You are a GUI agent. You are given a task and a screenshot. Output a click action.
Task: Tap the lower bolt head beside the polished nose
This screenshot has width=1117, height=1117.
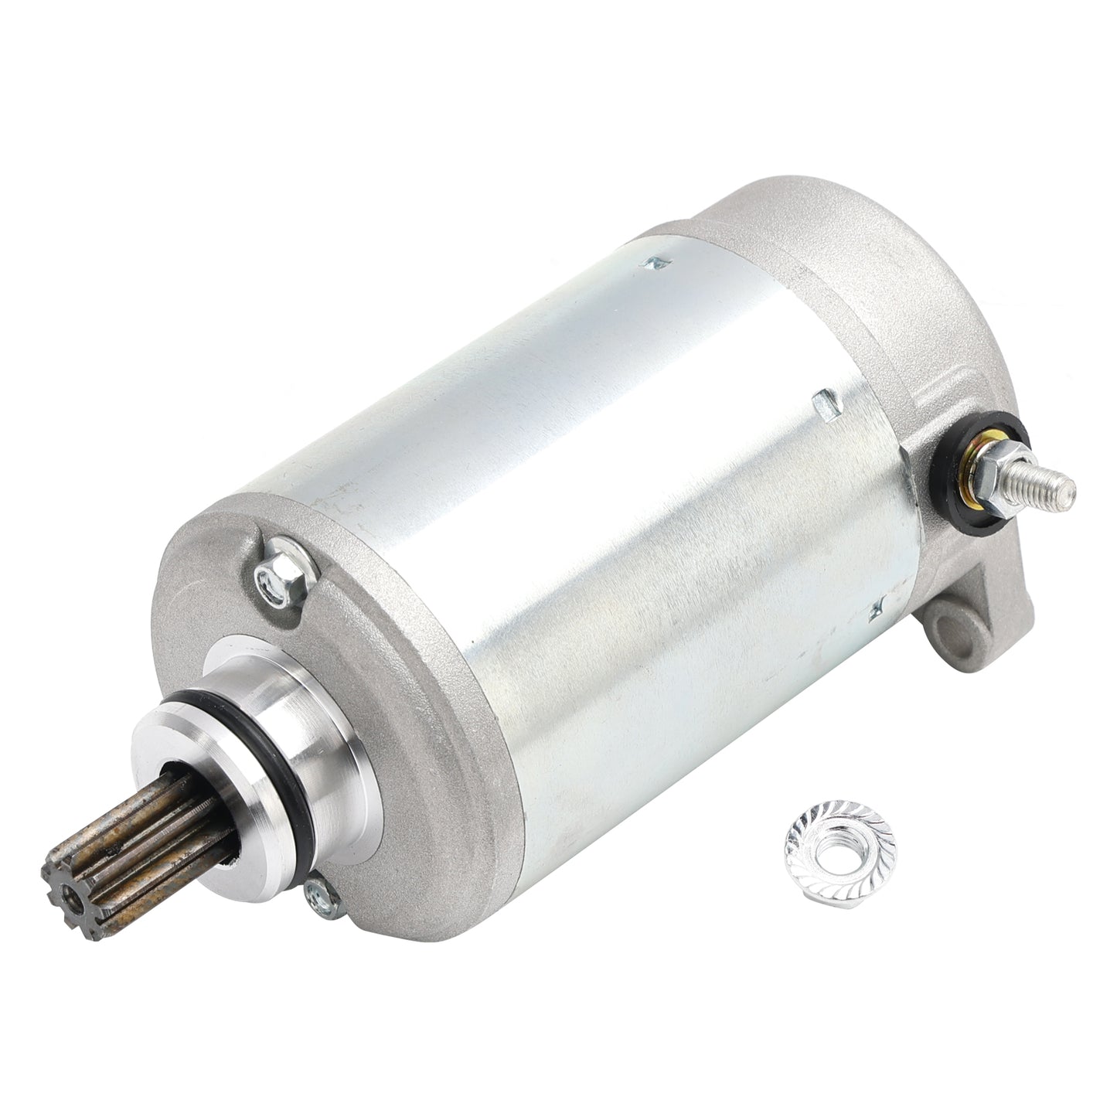pos(317,894)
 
